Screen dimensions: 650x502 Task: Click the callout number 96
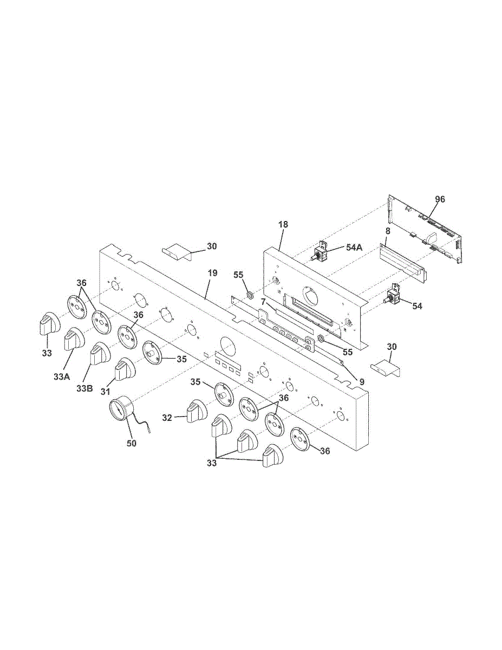(x=440, y=199)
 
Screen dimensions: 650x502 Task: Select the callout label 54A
(x=354, y=247)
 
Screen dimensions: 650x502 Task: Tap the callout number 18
(x=284, y=224)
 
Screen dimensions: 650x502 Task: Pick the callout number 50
(x=132, y=443)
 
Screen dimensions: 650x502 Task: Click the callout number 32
(x=167, y=418)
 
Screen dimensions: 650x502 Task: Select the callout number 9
(x=362, y=381)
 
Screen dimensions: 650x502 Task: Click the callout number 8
(x=388, y=231)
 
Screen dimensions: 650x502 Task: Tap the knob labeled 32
(x=194, y=412)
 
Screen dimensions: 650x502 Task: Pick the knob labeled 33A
(x=73, y=340)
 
